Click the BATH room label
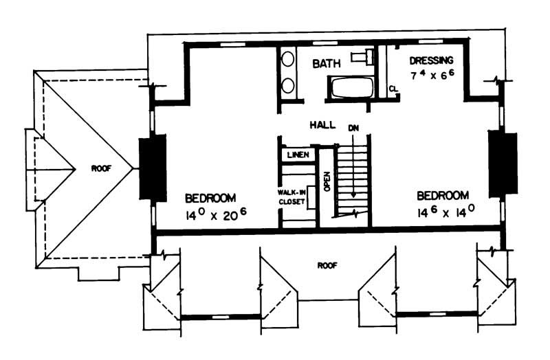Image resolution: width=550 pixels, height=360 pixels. (327, 64)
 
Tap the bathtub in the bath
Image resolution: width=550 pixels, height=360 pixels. (351, 88)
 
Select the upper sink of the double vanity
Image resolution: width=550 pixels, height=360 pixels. (289, 59)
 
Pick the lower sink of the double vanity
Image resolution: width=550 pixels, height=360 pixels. (289, 85)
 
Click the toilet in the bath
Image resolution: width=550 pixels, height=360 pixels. (362, 56)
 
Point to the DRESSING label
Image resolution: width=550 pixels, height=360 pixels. (431, 60)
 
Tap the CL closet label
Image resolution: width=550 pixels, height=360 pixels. (393, 89)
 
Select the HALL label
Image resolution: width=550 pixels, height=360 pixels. (322, 125)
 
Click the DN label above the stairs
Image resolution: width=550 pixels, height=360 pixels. (353, 128)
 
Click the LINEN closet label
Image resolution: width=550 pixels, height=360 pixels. (298, 155)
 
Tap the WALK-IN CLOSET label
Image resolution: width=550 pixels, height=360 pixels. (292, 197)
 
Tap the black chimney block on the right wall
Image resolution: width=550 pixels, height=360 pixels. (502, 161)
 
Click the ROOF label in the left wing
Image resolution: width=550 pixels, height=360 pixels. (102, 167)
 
